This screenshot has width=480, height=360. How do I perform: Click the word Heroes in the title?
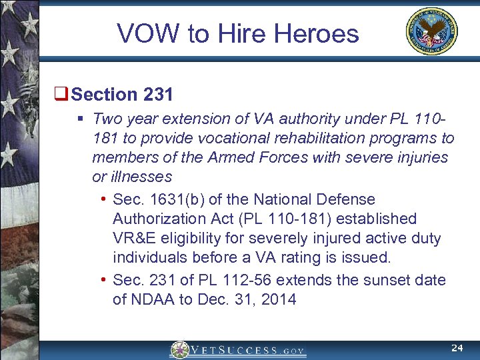pos(322,33)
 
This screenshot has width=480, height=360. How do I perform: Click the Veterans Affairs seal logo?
pos(432,31)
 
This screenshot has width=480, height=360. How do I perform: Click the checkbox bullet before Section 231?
pos(64,95)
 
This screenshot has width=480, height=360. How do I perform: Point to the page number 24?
pos(457,347)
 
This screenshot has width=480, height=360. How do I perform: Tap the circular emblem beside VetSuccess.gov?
pos(179,349)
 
